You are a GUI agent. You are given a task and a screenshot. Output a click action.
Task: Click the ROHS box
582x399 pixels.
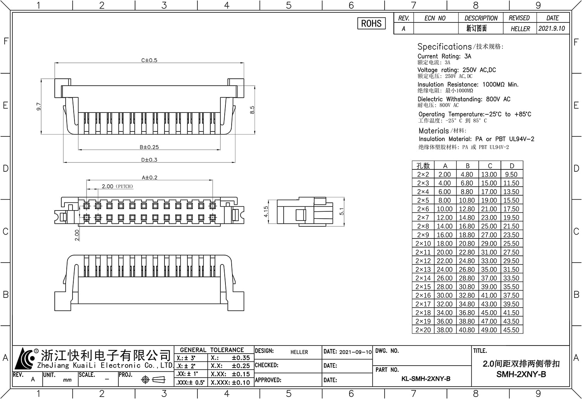(371, 23)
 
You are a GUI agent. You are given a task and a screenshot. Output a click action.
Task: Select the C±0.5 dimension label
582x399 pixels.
(149, 60)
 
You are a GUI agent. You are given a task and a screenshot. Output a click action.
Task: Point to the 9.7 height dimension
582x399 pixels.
(39, 107)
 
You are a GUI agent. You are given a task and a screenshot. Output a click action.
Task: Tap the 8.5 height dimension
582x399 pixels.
(252, 110)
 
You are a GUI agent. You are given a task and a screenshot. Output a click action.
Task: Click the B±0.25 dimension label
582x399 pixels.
(149, 147)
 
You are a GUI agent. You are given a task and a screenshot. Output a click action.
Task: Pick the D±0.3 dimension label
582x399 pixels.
(149, 160)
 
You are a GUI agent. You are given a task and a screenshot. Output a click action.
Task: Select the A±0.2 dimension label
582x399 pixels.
(149, 178)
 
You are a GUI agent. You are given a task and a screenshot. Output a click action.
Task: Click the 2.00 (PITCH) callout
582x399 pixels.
(117, 187)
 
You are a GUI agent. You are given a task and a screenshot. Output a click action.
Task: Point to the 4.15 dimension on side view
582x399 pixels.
(266, 212)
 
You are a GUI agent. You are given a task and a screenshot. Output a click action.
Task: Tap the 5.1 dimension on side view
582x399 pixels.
(342, 212)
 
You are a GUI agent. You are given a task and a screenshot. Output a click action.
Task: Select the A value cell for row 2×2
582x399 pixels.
(445, 174)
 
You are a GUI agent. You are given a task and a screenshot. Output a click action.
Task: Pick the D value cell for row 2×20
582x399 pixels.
(512, 330)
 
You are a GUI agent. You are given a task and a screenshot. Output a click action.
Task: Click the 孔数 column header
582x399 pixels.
(423, 166)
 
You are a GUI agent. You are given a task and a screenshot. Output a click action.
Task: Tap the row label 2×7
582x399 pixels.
(423, 218)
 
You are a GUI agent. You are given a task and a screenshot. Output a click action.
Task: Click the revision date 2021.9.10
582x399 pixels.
(552, 28)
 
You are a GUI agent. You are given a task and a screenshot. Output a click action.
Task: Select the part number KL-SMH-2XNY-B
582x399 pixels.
(426, 379)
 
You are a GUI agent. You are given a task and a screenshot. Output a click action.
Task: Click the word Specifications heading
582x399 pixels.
(444, 47)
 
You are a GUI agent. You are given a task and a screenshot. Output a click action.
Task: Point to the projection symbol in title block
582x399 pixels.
(153, 380)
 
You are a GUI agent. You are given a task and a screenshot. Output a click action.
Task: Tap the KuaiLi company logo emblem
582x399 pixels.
(25, 359)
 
